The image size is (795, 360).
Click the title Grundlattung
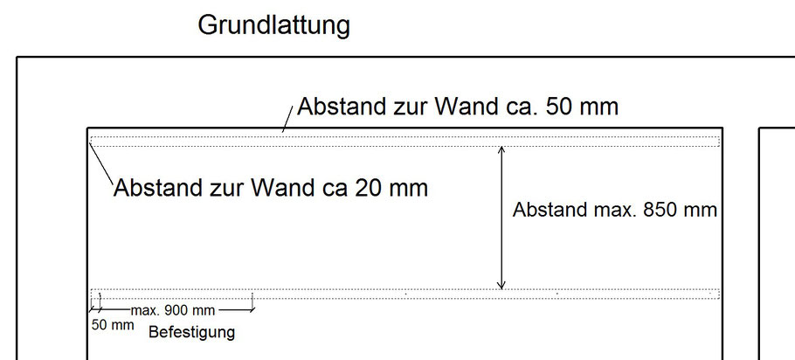[273, 25]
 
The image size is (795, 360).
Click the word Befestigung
[191, 333]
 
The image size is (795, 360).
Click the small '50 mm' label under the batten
[113, 325]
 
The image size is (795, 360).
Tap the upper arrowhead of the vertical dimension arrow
[501, 149]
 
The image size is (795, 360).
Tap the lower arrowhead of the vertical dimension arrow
[501, 286]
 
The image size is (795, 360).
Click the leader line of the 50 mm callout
[287, 119]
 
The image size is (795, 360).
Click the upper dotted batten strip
[405, 142]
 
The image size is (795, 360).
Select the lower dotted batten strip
[405, 294]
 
